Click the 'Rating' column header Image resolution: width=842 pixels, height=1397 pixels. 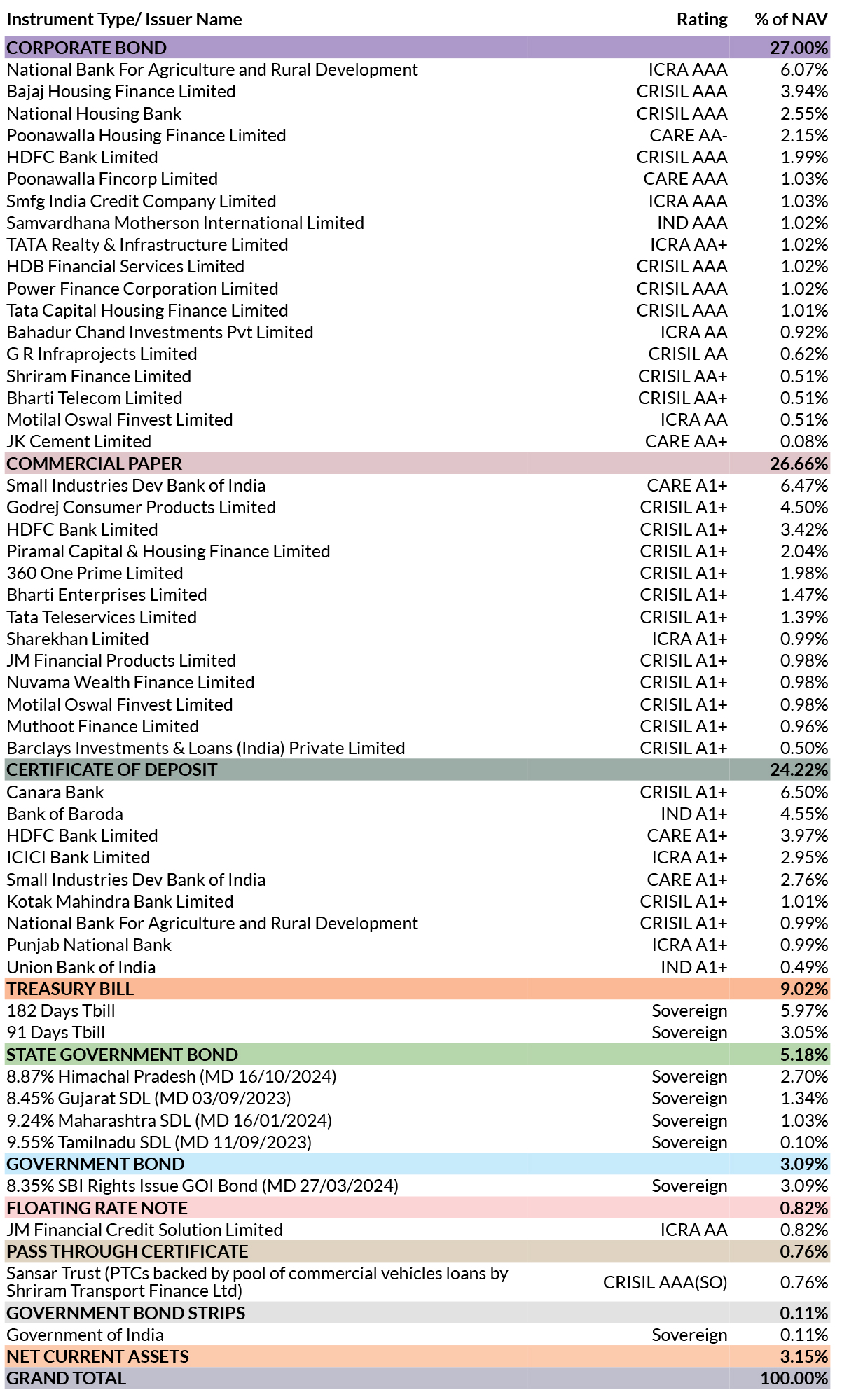pyautogui.click(x=702, y=20)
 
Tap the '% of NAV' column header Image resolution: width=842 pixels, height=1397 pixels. pyautogui.click(x=792, y=20)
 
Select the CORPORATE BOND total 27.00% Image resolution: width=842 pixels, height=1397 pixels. pyautogui.click(x=799, y=48)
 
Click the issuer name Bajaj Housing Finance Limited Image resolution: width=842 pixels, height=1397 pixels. pyautogui.click(x=121, y=92)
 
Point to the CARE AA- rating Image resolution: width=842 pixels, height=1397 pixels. pyautogui.click(x=689, y=135)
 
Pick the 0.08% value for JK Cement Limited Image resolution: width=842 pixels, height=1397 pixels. pyautogui.click(x=805, y=441)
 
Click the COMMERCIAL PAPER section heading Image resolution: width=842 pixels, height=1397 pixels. pyautogui.click(x=95, y=464)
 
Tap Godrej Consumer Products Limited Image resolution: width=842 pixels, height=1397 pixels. pyautogui.click(x=142, y=508)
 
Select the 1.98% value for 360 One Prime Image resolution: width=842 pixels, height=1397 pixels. pyautogui.click(x=805, y=573)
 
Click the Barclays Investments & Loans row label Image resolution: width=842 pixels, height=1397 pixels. pyautogui.click(x=206, y=748)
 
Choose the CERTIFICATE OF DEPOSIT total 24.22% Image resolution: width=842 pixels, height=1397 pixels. pyautogui.click(x=799, y=770)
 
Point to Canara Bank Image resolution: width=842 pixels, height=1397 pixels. pyautogui.click(x=55, y=792)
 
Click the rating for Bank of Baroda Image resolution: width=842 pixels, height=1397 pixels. pyautogui.click(x=694, y=814)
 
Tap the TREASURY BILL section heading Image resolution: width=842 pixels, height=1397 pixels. pyautogui.click(x=70, y=989)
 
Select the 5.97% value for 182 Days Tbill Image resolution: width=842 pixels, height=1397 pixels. pyautogui.click(x=805, y=1010)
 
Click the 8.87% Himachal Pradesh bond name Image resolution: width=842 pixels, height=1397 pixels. pyautogui.click(x=172, y=1076)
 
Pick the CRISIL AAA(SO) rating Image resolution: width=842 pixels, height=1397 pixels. pyautogui.click(x=665, y=1282)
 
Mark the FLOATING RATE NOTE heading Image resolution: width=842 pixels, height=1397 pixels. pyautogui.click(x=97, y=1208)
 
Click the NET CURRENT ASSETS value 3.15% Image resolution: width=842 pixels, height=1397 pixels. pyautogui.click(x=805, y=1356)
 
